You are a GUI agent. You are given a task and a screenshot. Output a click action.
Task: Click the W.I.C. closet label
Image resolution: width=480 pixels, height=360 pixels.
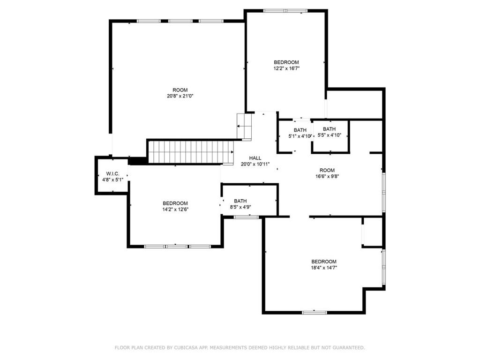click(112, 173)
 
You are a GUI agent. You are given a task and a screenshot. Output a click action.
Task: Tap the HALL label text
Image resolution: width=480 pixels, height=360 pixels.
click(255, 158)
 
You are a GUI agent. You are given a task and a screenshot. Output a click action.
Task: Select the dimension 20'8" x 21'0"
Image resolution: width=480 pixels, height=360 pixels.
click(180, 96)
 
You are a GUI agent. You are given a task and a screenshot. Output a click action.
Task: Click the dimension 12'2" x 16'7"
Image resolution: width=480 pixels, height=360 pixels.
click(286, 68)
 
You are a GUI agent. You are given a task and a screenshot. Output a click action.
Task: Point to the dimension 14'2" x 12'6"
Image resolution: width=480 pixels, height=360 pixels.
click(175, 210)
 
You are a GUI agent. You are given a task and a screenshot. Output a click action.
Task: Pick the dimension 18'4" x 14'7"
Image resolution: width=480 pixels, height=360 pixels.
click(324, 268)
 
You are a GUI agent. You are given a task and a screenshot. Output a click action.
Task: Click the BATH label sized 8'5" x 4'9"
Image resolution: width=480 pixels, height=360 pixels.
click(240, 201)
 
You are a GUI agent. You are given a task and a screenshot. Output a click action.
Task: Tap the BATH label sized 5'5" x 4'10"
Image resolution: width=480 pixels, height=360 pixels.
click(329, 129)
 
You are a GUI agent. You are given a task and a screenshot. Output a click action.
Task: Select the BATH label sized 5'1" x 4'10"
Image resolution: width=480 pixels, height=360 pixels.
click(300, 130)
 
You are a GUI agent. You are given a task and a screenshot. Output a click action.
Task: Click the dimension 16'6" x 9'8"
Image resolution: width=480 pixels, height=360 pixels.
click(327, 176)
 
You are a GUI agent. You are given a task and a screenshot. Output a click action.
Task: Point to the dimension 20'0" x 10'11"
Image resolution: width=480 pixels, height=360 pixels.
click(255, 164)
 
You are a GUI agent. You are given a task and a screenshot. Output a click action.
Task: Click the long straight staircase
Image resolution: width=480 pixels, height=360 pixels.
click(190, 152)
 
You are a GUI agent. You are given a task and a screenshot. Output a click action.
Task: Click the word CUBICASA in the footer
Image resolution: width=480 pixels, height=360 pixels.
click(186, 347)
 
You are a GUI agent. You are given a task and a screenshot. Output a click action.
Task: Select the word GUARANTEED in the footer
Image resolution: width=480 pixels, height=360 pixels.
click(349, 347)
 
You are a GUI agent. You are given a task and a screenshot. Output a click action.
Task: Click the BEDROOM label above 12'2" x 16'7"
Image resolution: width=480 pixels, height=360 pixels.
click(286, 62)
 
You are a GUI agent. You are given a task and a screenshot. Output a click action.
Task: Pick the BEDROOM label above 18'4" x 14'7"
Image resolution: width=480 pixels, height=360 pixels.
click(324, 262)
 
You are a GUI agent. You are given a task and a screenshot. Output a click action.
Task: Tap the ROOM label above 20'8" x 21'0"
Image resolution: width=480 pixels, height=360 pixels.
click(180, 90)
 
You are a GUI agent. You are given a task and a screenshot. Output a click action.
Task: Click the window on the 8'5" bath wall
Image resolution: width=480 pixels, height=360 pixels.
click(247, 217)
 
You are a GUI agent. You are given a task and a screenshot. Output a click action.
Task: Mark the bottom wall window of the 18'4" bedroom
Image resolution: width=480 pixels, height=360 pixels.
click(315, 313)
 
